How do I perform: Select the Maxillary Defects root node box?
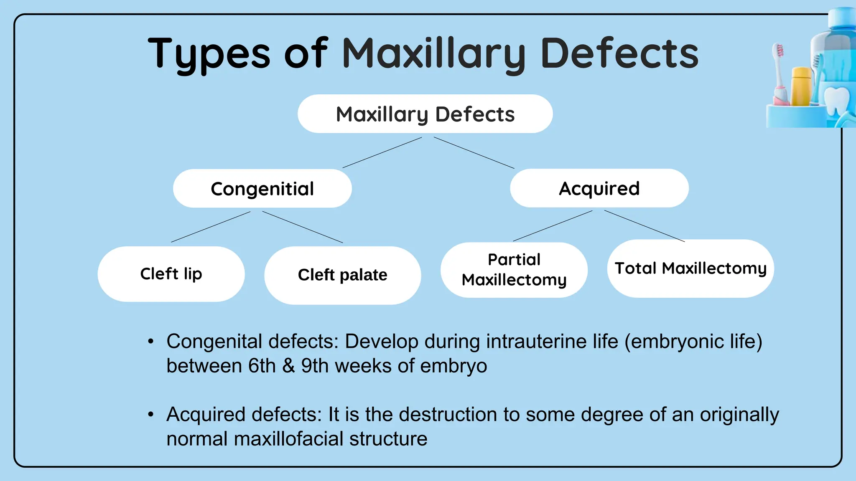click(x=425, y=114)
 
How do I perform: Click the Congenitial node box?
click(x=262, y=189)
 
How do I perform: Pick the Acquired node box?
click(x=599, y=188)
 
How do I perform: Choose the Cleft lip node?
click(x=171, y=274)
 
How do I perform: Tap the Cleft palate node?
click(x=342, y=275)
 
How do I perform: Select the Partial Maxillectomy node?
click(x=514, y=270)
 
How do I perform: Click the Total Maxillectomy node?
click(x=690, y=268)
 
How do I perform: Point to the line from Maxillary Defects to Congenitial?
click(x=382, y=152)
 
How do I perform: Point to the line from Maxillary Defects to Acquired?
click(x=474, y=153)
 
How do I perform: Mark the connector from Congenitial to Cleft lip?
click(x=211, y=227)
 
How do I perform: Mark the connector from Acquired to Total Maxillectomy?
click(x=645, y=226)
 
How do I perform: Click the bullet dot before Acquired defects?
click(x=151, y=415)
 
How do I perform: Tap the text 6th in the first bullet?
click(x=262, y=366)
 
